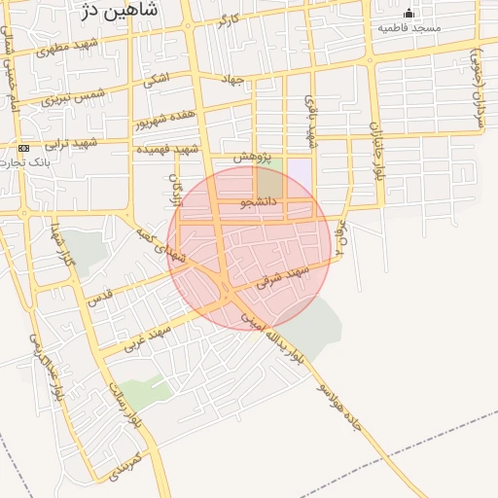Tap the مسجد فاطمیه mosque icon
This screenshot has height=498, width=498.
click(409, 13)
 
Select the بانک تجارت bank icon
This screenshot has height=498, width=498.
click(24, 148)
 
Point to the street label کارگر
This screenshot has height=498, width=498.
click(229, 19)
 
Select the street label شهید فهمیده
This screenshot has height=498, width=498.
click(167, 149)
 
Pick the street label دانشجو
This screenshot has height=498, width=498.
click(260, 202)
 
